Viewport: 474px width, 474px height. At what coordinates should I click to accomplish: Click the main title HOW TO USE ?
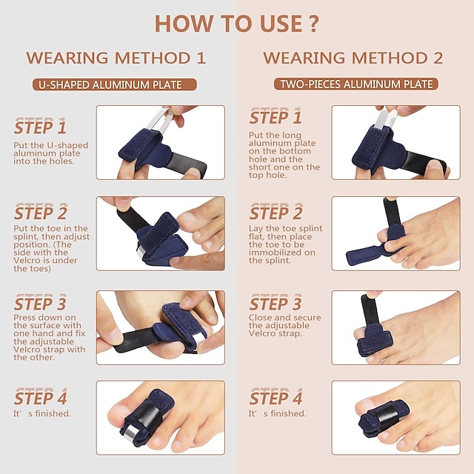[236, 23]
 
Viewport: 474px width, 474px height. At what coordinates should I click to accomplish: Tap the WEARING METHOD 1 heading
[116, 58]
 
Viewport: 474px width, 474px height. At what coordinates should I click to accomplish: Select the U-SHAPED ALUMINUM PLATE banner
[116, 84]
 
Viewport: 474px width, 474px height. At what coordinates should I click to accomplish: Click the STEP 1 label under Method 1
[40, 127]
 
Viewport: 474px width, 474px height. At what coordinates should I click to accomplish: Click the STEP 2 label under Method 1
[40, 213]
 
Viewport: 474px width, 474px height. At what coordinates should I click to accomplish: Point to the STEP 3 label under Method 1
[40, 304]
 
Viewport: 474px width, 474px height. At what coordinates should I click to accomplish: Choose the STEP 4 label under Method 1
[40, 397]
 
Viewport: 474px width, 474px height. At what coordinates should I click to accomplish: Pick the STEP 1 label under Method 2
[276, 117]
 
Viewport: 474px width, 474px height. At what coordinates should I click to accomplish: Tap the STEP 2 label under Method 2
[276, 213]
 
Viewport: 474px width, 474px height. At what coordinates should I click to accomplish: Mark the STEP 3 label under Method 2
[276, 304]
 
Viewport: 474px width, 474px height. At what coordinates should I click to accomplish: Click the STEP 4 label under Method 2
[276, 397]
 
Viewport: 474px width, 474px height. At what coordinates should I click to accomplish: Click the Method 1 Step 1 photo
[160, 142]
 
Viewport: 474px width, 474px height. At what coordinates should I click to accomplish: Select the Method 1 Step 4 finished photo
[160, 417]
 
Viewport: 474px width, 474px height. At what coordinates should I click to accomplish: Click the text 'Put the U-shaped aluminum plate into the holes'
[50, 153]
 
